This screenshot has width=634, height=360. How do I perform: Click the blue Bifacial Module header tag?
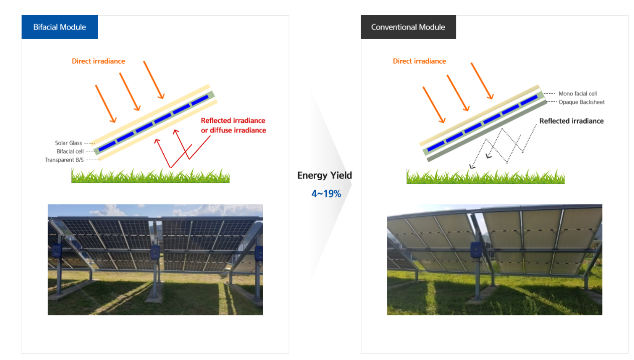click(x=60, y=27)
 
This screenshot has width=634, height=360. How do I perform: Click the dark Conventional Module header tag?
click(x=408, y=27)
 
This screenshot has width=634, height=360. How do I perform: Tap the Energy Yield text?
click(x=325, y=175)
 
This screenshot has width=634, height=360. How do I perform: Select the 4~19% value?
click(x=326, y=193)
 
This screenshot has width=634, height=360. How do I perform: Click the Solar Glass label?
click(x=68, y=143)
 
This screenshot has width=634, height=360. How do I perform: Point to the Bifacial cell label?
click(x=70, y=151)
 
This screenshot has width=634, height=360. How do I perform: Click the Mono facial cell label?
click(x=577, y=94)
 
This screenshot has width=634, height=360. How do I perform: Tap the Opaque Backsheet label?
click(x=581, y=102)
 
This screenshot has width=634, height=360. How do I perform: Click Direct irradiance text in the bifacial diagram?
click(x=98, y=61)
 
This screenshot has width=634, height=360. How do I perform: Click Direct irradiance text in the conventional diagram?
click(x=419, y=61)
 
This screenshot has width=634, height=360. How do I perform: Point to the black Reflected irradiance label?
click(x=571, y=121)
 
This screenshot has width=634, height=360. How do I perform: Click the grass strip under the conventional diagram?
click(x=485, y=176)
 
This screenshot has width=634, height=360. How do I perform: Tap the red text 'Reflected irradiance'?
click(x=233, y=121)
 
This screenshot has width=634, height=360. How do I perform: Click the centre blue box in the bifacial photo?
click(x=155, y=252)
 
